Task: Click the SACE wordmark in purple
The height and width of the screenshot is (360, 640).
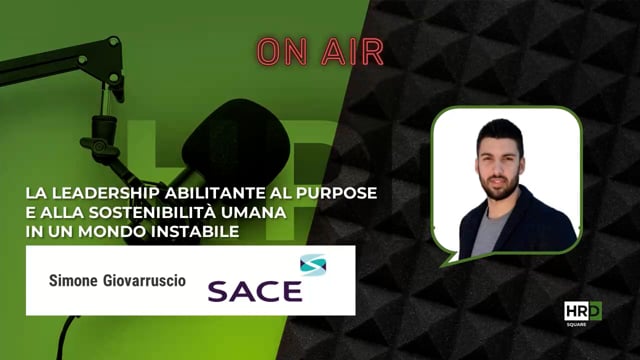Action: [x=254, y=291]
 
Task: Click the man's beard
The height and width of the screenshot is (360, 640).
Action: [x=499, y=186]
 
